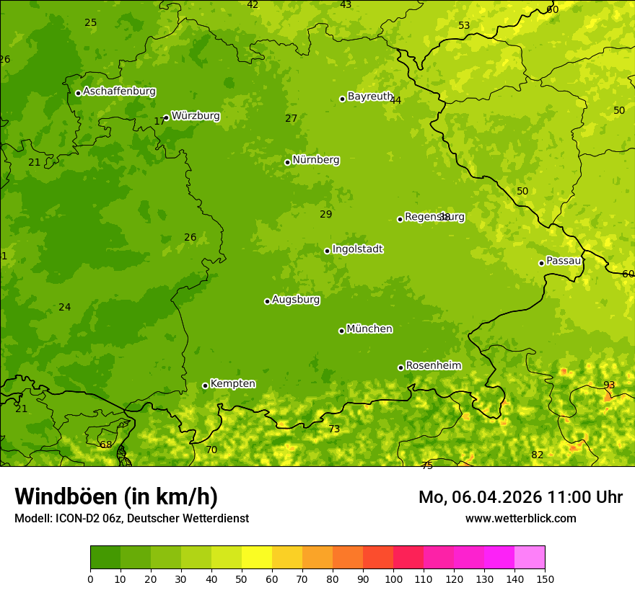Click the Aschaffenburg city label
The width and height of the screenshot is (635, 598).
(119, 92)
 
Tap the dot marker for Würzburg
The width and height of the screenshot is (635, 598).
(166, 117)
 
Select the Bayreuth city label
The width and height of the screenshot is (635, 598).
(370, 97)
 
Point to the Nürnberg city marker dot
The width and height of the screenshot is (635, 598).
(287, 162)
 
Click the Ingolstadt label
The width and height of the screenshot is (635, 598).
(357, 249)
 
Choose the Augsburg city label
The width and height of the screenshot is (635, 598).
(296, 300)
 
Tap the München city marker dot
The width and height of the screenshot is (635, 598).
(341, 331)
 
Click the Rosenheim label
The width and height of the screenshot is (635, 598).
(433, 366)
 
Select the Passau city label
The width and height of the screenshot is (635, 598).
(564, 261)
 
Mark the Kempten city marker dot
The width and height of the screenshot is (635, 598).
(205, 385)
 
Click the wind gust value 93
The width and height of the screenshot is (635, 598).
(609, 385)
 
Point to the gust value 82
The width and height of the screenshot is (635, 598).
(537, 455)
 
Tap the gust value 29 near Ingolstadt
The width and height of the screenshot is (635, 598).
(326, 214)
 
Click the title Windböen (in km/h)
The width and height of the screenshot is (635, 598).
(116, 496)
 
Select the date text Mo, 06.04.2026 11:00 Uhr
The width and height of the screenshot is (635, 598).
(520, 497)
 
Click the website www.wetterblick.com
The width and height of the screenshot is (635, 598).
(520, 519)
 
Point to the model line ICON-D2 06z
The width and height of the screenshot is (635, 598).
(131, 519)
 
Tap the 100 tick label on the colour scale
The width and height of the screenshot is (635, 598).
(393, 579)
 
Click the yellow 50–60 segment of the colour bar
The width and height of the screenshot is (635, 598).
(257, 558)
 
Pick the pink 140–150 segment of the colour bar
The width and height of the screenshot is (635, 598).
(530, 558)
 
